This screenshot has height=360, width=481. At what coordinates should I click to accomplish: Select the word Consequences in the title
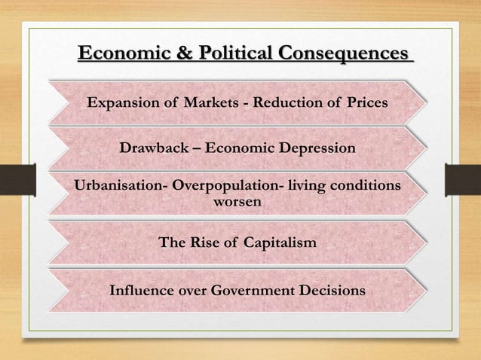(343, 54)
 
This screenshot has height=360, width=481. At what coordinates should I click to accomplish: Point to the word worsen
(239, 202)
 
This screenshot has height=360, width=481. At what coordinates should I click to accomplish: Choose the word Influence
(142, 290)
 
